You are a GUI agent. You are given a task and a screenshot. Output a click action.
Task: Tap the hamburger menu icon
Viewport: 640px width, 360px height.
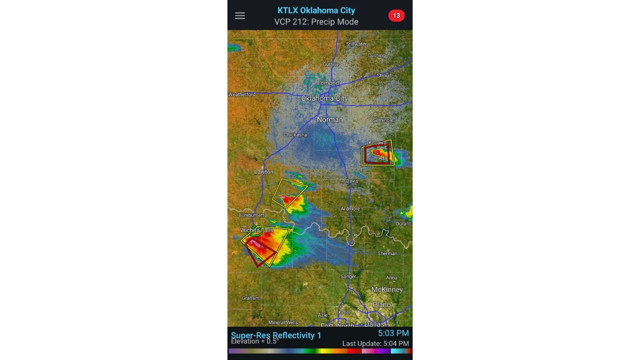coord(240,15)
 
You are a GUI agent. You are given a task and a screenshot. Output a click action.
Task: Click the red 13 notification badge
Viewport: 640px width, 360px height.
coord(396,15)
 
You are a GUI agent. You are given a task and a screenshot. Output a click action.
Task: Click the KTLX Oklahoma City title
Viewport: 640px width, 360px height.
coord(316,10)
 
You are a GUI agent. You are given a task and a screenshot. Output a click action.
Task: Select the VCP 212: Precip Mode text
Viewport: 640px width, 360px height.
coord(316,21)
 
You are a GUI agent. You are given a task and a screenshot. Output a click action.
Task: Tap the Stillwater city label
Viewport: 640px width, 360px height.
coord(356,44)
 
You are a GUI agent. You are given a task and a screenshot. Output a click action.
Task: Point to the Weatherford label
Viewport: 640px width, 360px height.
coord(242,94)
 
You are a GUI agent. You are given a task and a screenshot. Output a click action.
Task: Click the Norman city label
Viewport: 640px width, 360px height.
coord(330,119)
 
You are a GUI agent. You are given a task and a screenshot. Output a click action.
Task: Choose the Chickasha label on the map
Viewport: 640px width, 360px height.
coord(295,134)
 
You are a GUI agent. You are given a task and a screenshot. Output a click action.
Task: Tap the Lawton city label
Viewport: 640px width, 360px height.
coord(263,171)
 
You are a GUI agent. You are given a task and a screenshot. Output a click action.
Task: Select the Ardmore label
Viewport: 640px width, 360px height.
coord(350,208)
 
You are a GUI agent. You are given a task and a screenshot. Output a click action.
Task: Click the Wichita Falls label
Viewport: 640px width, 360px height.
coord(257,230)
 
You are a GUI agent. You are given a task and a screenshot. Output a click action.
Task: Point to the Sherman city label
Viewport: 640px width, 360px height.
coord(387,253)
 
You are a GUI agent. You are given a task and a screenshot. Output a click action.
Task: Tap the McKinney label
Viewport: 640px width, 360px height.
coord(387,289)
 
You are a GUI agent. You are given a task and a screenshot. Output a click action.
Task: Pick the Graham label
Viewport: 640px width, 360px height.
coord(250,298)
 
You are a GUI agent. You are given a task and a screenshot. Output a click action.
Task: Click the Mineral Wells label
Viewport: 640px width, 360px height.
coord(283,322)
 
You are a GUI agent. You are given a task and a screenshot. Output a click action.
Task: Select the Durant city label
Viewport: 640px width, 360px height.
coord(403,223)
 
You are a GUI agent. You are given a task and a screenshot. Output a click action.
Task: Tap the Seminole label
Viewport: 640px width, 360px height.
coord(383,120)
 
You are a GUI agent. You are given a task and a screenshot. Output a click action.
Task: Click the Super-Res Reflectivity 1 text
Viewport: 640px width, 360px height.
coord(276,335)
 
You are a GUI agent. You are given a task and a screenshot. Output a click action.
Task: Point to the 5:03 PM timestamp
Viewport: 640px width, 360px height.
coord(393,333)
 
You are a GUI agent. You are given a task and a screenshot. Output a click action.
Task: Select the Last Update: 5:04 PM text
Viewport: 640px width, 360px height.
coord(375,343)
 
